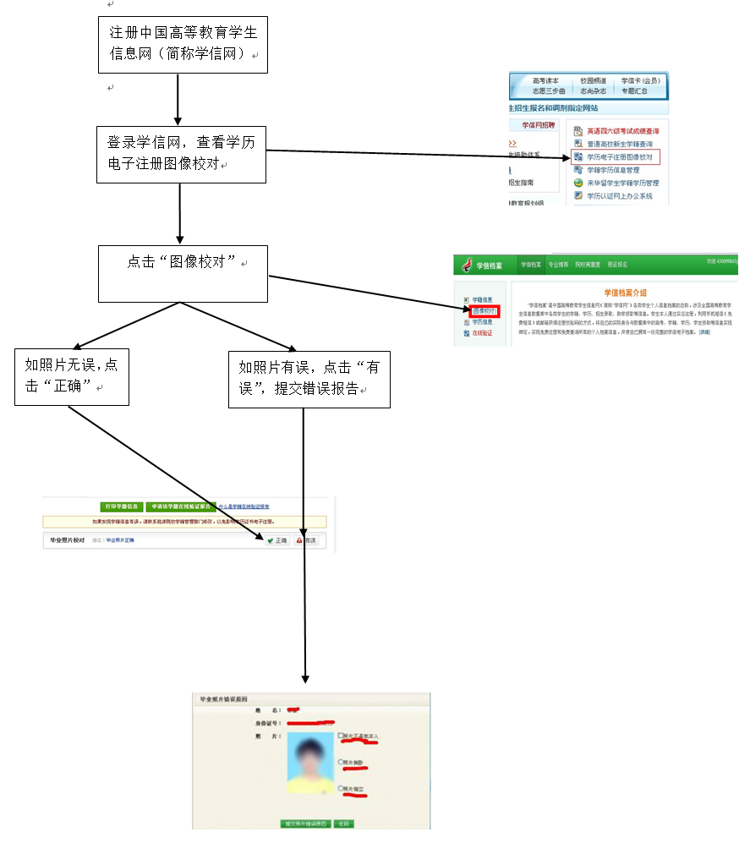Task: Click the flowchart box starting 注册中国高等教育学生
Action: (x=183, y=44)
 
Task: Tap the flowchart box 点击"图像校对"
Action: (x=183, y=273)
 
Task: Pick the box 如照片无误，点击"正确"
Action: (x=71, y=375)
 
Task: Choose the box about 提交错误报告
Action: (x=309, y=379)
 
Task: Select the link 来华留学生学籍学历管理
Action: (x=622, y=183)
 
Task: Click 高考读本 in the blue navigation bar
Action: (x=545, y=80)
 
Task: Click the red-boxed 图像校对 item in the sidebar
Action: (x=484, y=311)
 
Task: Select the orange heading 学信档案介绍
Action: (x=625, y=292)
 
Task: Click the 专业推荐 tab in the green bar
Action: (x=557, y=265)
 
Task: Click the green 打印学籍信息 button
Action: (x=121, y=506)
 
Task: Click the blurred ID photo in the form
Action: (x=312, y=764)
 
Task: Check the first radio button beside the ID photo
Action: (x=340, y=736)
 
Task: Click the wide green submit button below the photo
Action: (x=305, y=823)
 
